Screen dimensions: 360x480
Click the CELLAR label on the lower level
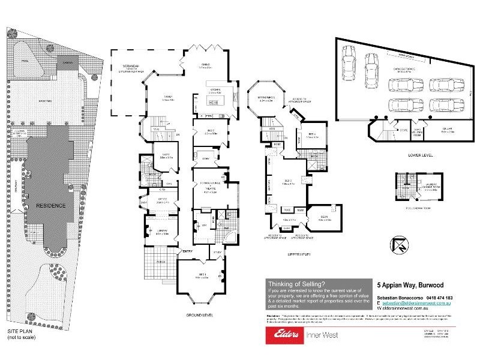(x=448, y=130)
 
